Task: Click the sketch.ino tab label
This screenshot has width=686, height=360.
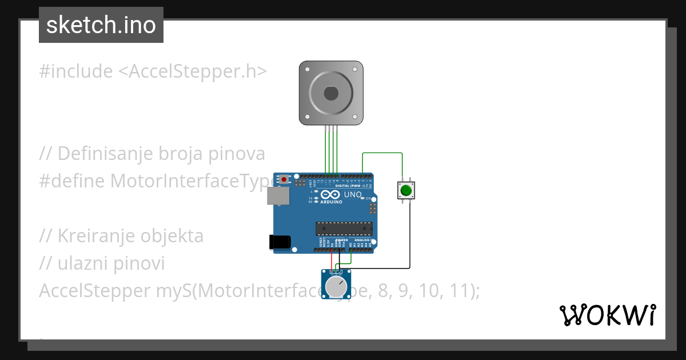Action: [x=101, y=25]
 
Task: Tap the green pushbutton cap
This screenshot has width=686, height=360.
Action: [x=406, y=190]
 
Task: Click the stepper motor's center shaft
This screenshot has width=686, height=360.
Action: [x=331, y=93]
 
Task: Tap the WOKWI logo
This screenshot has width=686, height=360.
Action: [x=607, y=315]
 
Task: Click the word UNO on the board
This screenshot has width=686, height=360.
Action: [x=353, y=195]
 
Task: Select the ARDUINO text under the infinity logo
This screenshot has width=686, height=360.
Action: [x=331, y=202]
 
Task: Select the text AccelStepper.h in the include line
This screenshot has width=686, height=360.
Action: [x=191, y=71]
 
